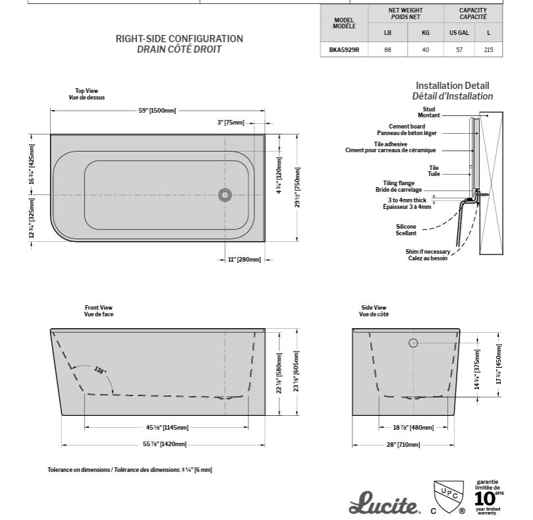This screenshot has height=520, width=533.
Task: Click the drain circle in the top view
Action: [x=225, y=195]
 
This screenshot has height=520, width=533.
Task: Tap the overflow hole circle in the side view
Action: [x=413, y=343]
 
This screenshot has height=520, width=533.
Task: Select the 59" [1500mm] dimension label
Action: [x=157, y=111]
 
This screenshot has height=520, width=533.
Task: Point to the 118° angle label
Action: [x=100, y=370]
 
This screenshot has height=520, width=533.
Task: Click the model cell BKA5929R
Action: [x=344, y=49]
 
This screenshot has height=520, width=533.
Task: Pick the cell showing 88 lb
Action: [x=387, y=49]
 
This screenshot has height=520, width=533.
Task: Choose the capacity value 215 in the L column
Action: [x=488, y=49]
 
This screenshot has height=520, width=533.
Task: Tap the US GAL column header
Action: [x=459, y=33]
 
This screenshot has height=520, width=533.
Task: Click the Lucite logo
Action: [x=384, y=503]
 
